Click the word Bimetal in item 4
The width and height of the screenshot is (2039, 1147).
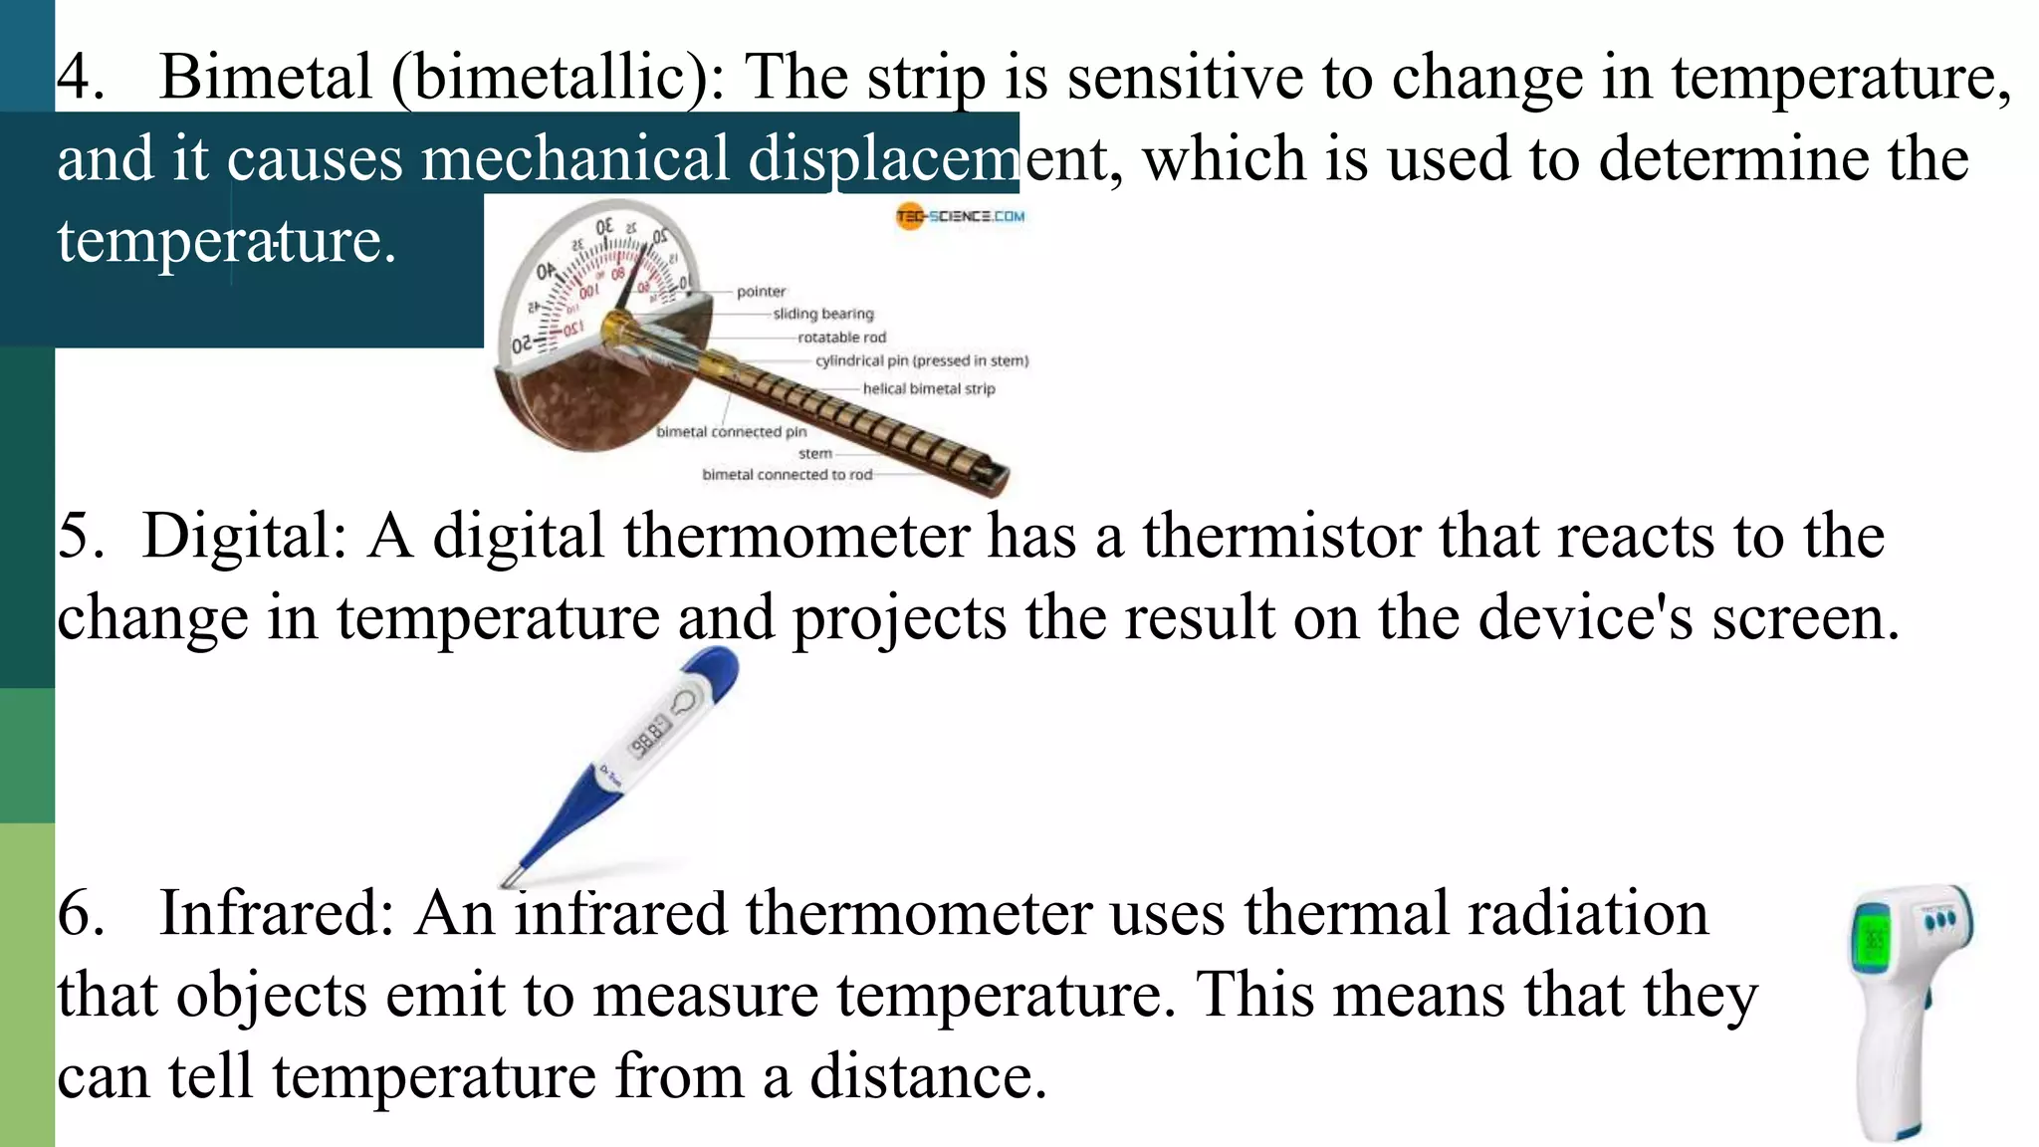point(265,78)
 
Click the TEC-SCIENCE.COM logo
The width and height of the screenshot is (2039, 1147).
point(960,216)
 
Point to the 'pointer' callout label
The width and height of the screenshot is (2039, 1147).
point(761,292)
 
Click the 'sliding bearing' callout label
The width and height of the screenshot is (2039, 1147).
point(823,314)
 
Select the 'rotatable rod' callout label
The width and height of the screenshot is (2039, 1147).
point(841,338)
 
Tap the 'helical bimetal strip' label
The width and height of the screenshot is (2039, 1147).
point(928,388)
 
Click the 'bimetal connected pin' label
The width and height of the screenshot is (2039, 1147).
point(732,432)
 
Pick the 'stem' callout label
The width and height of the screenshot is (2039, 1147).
point(814,454)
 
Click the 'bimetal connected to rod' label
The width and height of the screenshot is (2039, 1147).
point(787,475)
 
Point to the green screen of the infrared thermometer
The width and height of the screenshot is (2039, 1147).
point(1873,937)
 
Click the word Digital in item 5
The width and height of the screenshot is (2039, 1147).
point(244,536)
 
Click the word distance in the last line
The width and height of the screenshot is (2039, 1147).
point(928,1077)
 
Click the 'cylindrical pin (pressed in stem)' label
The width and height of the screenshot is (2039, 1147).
point(922,360)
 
